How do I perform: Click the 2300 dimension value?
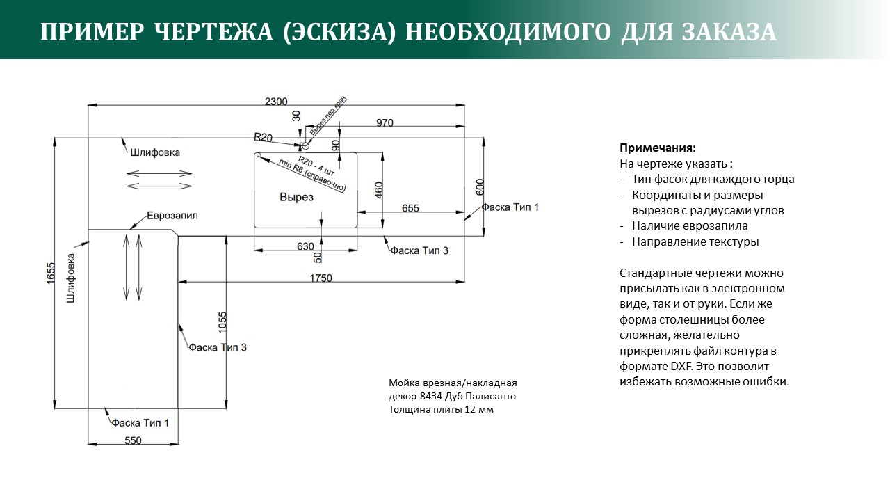276,102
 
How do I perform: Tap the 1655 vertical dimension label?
51,273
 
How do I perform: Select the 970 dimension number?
385,123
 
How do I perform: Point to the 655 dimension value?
410,208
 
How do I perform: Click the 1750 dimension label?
321,278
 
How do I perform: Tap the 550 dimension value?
133,440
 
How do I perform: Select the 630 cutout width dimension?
305,246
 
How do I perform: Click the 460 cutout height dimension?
379,190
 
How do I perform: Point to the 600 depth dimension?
480,187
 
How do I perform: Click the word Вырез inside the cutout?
296,197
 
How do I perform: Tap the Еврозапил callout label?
172,216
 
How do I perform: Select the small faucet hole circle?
305,146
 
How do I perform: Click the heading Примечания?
658,148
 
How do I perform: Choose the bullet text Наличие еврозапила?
690,226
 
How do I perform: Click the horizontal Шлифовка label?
155,152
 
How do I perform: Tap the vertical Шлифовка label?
71,278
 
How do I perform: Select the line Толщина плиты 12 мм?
441,409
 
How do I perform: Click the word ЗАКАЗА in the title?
729,33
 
